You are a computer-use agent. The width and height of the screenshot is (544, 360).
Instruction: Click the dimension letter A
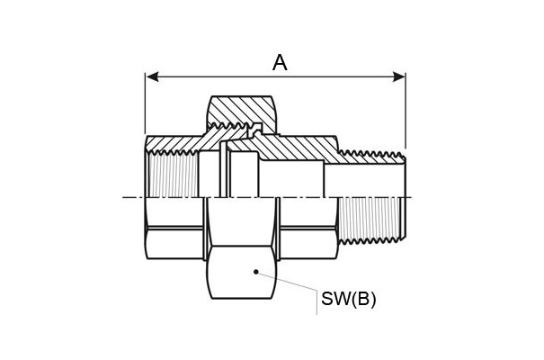tap(280, 63)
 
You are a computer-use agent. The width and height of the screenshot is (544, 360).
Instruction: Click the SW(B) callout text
tap(348, 299)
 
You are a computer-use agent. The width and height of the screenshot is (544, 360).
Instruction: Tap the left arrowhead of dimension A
tap(152, 76)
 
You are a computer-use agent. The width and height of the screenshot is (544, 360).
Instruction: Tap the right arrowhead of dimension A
tap(398, 76)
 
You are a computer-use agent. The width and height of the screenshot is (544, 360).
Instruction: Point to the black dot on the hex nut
tap(256, 272)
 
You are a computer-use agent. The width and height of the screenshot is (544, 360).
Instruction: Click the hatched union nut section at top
tap(242, 110)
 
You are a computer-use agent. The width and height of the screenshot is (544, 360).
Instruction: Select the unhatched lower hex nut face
tap(242, 272)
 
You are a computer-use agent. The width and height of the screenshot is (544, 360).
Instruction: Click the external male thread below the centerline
tap(372, 220)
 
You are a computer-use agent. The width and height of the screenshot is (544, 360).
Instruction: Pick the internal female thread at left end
tap(173, 175)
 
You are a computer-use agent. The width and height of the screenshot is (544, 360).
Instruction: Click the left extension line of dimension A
tap(145, 103)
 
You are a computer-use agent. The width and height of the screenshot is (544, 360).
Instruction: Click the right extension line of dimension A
tap(406, 110)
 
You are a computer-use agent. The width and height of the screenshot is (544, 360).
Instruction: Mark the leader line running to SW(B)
tap(287, 281)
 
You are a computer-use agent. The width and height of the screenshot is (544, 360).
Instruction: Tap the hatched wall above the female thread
tap(173, 143)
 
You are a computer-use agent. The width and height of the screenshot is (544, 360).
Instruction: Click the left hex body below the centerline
tap(174, 229)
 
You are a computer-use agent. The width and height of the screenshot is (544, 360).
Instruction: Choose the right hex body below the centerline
tap(308, 229)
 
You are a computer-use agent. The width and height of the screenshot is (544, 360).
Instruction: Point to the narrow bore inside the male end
tap(364, 181)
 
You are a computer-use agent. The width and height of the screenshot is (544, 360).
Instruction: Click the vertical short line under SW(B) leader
tap(317, 302)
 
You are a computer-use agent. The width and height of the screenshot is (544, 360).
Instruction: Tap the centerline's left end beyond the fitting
tap(123, 197)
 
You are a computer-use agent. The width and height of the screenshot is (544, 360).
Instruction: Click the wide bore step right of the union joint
tap(291, 178)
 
